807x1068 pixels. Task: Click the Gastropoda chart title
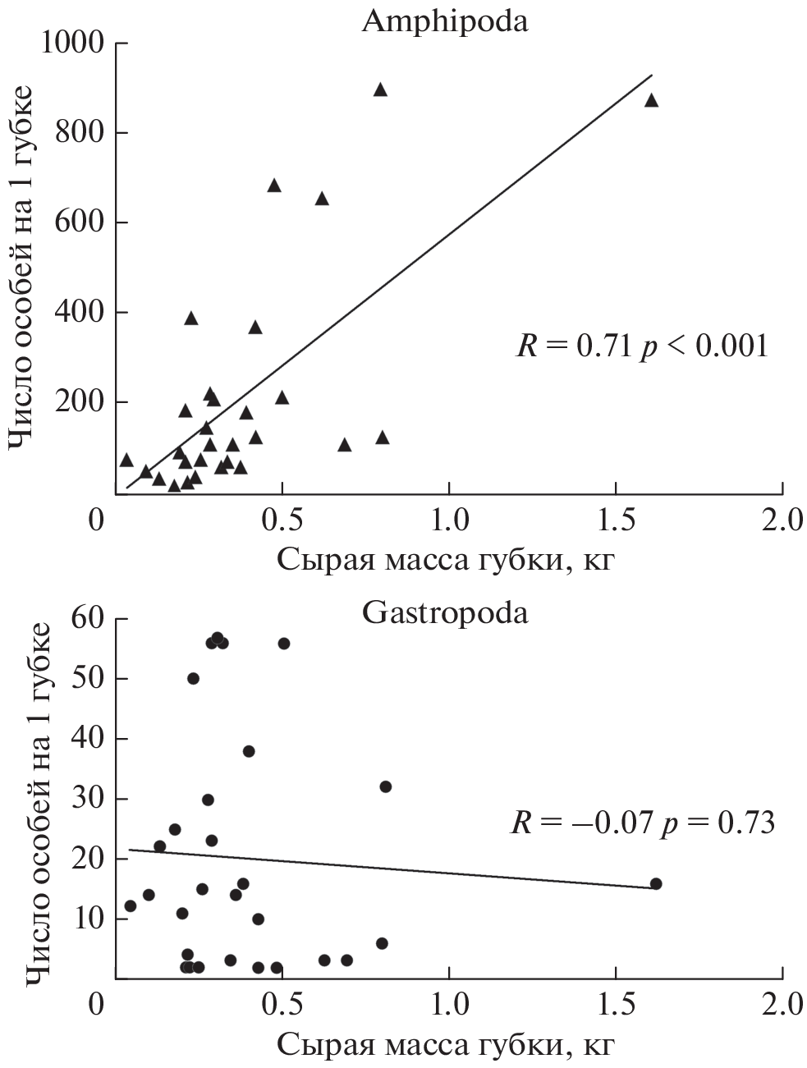(x=445, y=613)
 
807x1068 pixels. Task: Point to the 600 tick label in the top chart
(x=80, y=222)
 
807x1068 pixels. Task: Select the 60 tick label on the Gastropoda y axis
(x=90, y=619)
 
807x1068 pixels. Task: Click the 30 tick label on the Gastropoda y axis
(x=90, y=799)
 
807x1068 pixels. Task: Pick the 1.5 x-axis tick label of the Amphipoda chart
(x=616, y=520)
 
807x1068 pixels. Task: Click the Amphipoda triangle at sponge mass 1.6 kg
(x=652, y=100)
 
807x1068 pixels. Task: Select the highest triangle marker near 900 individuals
(x=380, y=89)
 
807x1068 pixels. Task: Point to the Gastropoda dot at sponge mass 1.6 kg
(x=656, y=884)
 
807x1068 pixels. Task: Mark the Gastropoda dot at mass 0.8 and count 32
(x=386, y=786)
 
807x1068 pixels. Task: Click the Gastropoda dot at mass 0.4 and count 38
(x=249, y=751)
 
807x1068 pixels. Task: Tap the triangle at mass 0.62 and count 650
(x=322, y=199)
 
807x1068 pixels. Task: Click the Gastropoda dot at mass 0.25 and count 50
(x=194, y=678)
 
